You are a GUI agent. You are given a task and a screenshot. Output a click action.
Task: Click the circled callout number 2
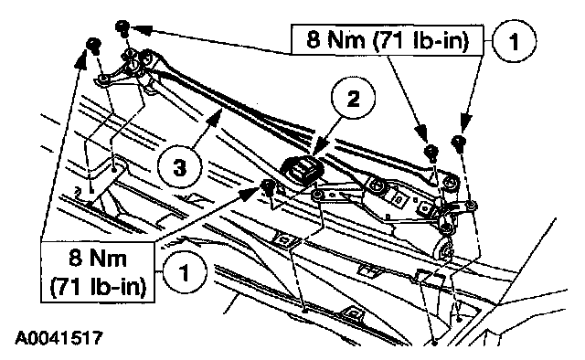click(x=354, y=99)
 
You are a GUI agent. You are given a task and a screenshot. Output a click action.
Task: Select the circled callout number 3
click(x=179, y=167)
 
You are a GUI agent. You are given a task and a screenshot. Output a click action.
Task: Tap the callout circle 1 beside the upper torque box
click(x=515, y=41)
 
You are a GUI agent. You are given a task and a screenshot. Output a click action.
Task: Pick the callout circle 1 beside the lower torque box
click(x=185, y=272)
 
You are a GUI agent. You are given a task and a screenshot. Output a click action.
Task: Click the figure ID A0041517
click(x=58, y=338)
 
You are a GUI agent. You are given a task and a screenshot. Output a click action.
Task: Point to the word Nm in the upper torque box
click(x=346, y=39)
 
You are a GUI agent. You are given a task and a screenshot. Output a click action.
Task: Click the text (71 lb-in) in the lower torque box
click(x=98, y=287)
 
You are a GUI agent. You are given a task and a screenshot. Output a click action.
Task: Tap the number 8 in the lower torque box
click(x=75, y=258)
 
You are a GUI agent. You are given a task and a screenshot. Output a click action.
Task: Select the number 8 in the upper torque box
click(x=314, y=39)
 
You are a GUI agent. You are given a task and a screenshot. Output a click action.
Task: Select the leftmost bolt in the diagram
click(x=93, y=44)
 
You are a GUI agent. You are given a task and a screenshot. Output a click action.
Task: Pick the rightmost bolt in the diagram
click(x=459, y=142)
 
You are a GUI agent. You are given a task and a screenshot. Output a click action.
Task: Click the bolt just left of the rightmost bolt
click(x=431, y=151)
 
